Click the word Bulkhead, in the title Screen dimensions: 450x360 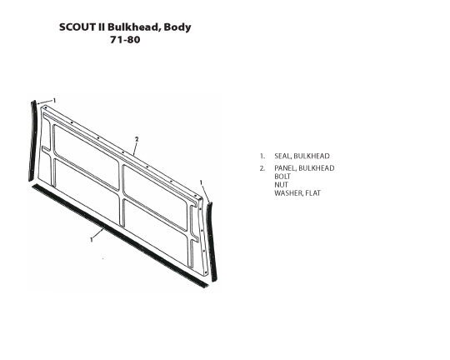tap(133, 27)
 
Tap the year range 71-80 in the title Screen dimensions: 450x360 tap(125, 40)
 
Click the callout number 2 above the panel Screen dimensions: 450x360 tap(137, 139)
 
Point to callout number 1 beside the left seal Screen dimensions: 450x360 tap(54, 101)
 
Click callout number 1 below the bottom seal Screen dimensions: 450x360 tap(92, 239)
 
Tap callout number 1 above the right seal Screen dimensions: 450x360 tap(201, 182)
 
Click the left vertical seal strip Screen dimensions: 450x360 tap(32, 141)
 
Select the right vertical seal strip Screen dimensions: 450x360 tap(212, 242)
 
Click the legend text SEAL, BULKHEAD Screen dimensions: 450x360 tap(302, 156)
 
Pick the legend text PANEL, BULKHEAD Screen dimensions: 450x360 tap(304, 168)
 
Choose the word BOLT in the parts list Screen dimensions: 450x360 tap(282, 177)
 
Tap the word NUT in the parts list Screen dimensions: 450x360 tap(282, 185)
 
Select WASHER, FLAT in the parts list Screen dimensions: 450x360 tap(297, 193)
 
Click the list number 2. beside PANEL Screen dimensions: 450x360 tap(262, 168)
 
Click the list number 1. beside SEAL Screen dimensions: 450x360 tap(262, 156)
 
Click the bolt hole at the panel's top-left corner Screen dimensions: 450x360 tap(46, 107)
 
